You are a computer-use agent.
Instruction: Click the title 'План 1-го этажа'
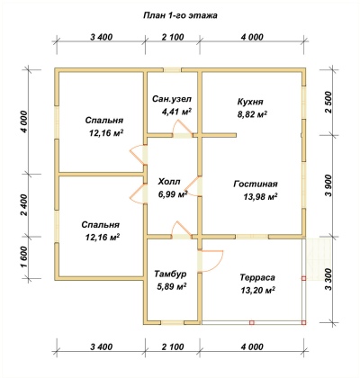coord(180,15)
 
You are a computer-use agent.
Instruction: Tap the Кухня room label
coord(250,102)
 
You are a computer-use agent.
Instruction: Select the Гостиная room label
coord(256,184)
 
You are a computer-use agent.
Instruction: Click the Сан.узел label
coord(172,99)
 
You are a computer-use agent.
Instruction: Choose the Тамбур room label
coord(170,274)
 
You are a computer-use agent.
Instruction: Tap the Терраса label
coord(257,277)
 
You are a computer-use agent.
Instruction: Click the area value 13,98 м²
coord(260,197)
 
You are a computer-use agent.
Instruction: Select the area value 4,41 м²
coord(176,112)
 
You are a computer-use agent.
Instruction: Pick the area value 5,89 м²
coord(172,287)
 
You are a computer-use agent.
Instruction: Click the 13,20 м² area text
coord(258,290)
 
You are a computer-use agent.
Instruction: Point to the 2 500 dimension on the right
coord(329,102)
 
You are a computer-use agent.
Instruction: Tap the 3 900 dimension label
coord(329,185)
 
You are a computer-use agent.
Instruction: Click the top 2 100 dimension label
coord(173,37)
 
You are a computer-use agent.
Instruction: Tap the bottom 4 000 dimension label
coord(252,346)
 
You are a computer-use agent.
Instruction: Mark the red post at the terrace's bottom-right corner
coord(303,323)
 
